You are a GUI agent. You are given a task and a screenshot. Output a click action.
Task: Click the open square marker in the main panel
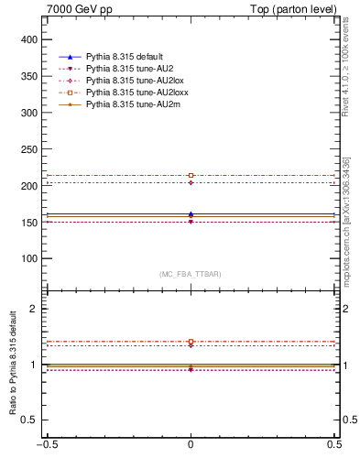[191, 175]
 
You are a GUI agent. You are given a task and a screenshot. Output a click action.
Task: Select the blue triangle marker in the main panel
[191, 214]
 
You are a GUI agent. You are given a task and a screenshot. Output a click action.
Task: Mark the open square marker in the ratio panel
[191, 342]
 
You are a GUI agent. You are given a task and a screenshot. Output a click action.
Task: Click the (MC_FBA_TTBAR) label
[191, 274]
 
